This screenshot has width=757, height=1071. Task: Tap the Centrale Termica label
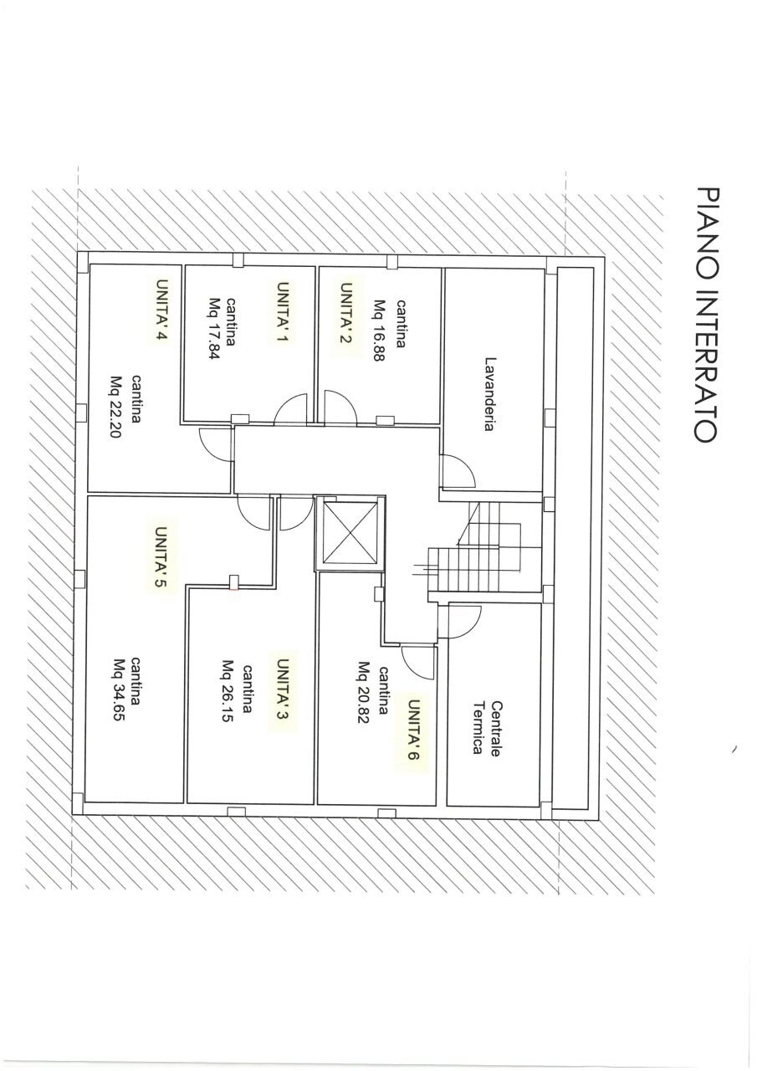click(x=486, y=727)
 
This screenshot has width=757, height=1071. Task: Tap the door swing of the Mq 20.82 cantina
click(x=417, y=661)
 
